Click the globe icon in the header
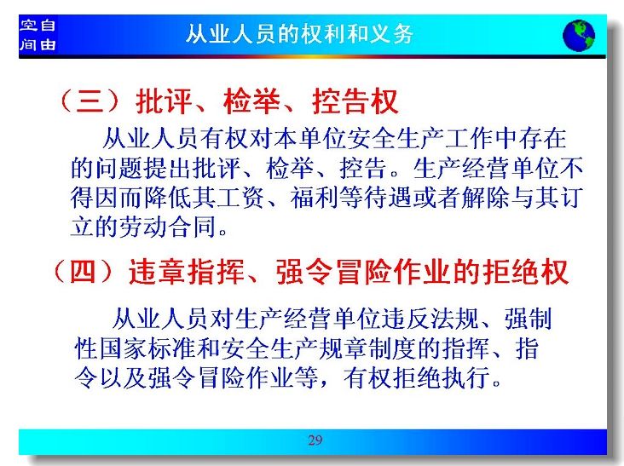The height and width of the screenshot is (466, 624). point(579,36)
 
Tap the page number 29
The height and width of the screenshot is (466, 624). point(315,440)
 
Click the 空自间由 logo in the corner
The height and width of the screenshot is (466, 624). point(38,35)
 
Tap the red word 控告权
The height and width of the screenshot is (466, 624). point(355,101)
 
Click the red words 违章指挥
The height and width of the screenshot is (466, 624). point(187,272)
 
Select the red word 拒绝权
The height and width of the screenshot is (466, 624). point(526,272)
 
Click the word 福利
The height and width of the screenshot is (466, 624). point(315,197)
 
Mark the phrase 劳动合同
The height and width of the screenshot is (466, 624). point(168,227)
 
